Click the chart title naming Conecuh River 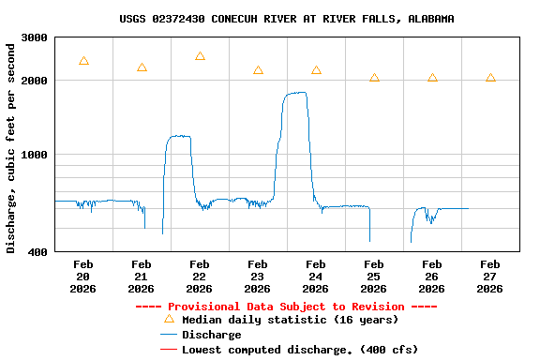pyautogui.click(x=287, y=19)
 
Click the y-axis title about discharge pyautogui.click(x=11, y=144)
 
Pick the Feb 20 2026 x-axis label pyautogui.click(x=83, y=277)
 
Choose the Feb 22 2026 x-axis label pyautogui.click(x=200, y=277)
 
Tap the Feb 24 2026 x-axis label pyautogui.click(x=316, y=277)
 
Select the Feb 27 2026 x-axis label pyautogui.click(x=490, y=277)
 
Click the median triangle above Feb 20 pyautogui.click(x=83, y=61)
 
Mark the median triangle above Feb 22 pyautogui.click(x=200, y=56)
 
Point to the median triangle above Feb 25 pyautogui.click(x=374, y=78)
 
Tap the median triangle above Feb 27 pyautogui.click(x=490, y=78)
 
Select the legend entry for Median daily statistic pyautogui.click(x=290, y=320)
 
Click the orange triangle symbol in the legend pyautogui.click(x=169, y=319)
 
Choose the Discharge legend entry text pyautogui.click(x=211, y=335)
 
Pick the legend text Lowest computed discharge pyautogui.click(x=300, y=350)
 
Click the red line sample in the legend pyautogui.click(x=169, y=350)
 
